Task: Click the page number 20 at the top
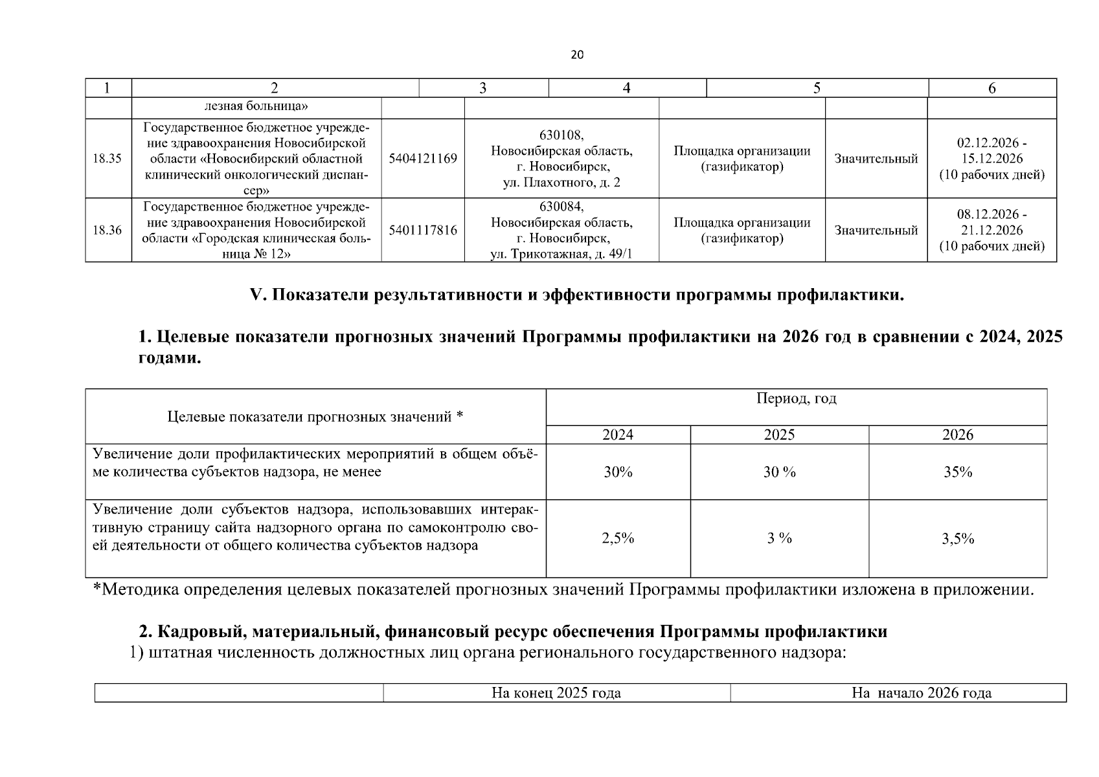(577, 55)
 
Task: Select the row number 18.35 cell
(108, 159)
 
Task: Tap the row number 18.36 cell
(108, 230)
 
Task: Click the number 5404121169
(423, 159)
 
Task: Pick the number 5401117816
(423, 230)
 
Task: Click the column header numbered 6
(992, 89)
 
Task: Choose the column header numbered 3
(483, 89)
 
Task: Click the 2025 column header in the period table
(779, 434)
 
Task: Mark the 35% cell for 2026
(958, 472)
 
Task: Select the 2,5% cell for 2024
(618, 538)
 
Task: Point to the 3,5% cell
(958, 539)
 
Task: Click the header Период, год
(796, 399)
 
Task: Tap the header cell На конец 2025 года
(556, 693)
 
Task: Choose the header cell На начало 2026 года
(922, 693)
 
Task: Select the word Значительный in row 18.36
(876, 231)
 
